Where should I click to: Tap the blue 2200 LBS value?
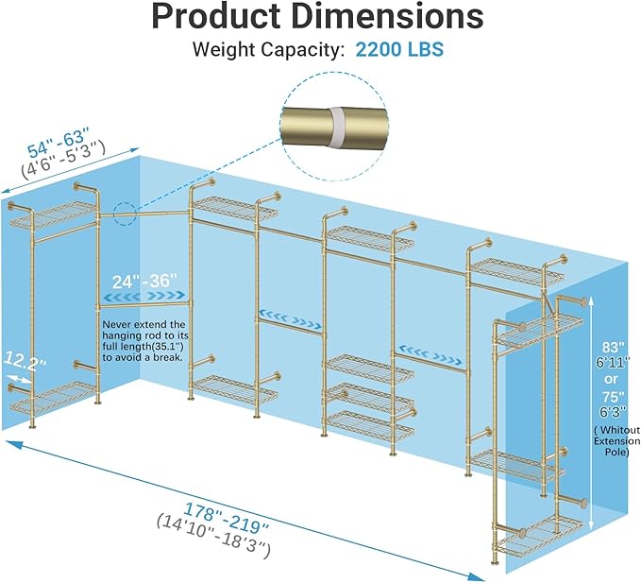(x=399, y=49)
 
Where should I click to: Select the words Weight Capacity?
(x=266, y=50)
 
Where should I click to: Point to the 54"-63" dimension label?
(x=58, y=142)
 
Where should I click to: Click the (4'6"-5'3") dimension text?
(x=63, y=159)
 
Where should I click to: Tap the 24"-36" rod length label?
(x=145, y=282)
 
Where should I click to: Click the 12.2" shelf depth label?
(x=25, y=361)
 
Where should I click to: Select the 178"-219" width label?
(x=226, y=518)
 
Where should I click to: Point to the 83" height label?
(x=613, y=348)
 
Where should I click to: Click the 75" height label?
(x=613, y=397)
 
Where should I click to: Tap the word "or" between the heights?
(x=611, y=379)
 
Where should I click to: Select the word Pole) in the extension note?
(x=616, y=452)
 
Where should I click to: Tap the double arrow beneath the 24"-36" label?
(x=145, y=296)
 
